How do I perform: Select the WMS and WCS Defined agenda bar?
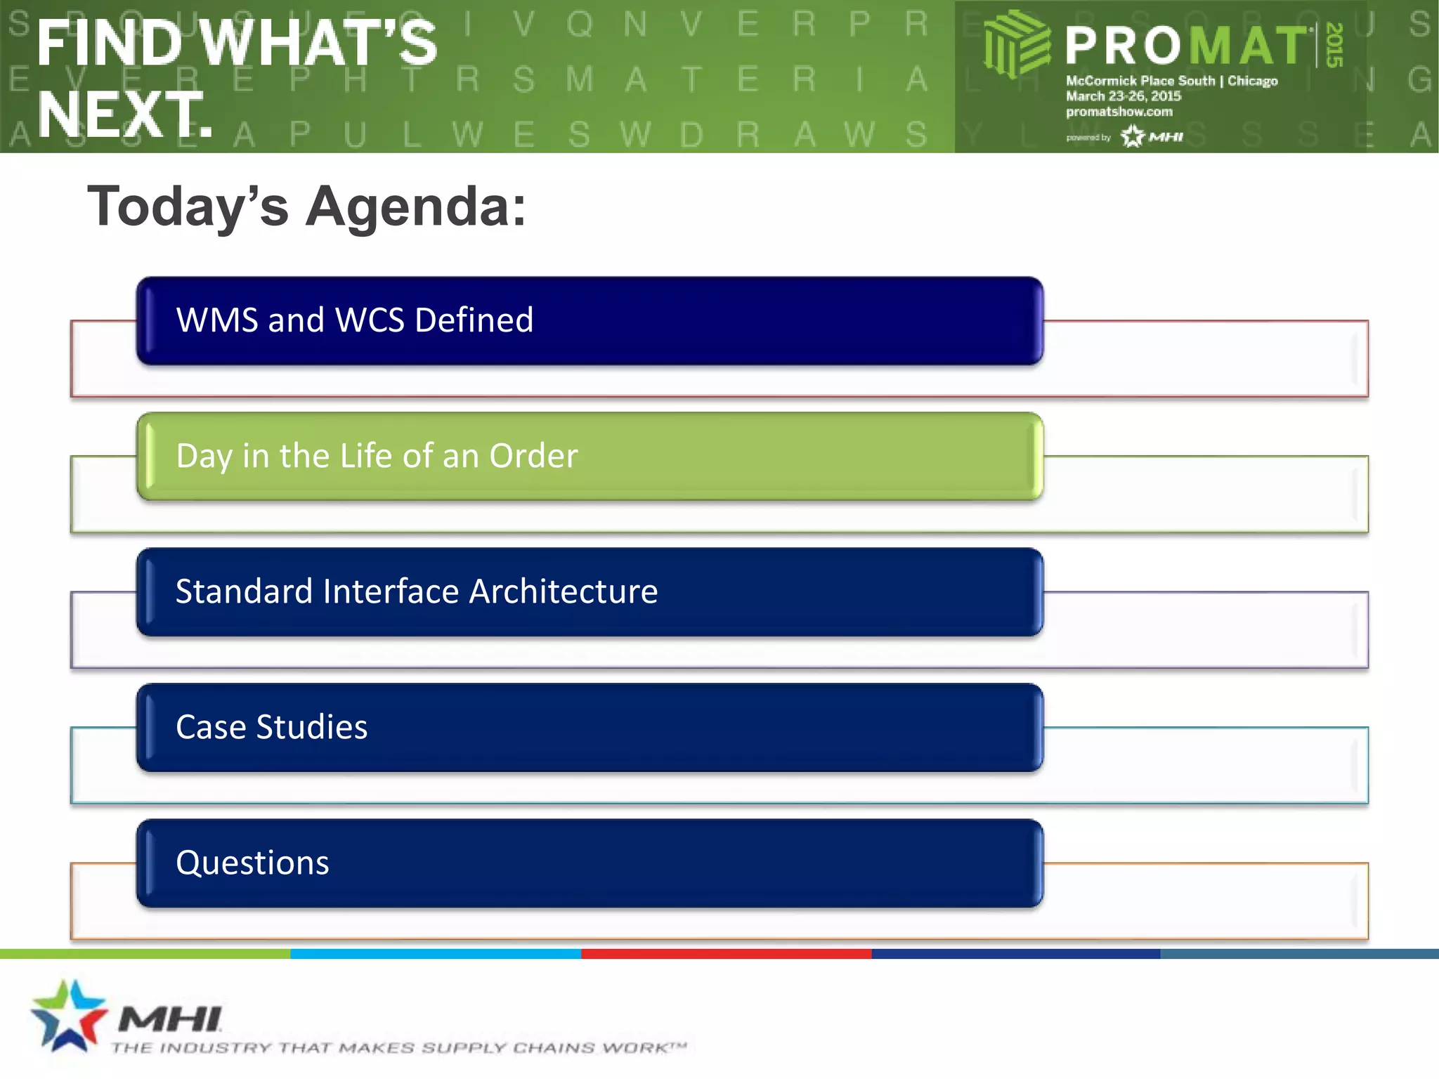[x=589, y=320]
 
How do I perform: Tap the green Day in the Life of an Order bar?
[x=589, y=456]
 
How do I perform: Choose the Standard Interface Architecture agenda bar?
[x=589, y=591]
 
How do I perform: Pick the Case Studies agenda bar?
[x=589, y=727]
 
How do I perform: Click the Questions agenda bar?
[x=589, y=863]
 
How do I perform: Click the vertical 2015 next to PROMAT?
[x=1334, y=45]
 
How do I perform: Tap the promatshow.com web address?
[x=1119, y=112]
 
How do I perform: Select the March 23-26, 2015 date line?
[x=1123, y=96]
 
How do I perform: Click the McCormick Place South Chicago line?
[x=1171, y=81]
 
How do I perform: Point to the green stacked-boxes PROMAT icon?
[x=1015, y=44]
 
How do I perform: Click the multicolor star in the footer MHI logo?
[x=68, y=1014]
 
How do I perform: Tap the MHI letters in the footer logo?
[x=170, y=1019]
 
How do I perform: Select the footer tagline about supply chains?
[x=398, y=1048]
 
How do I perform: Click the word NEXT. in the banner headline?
[x=125, y=114]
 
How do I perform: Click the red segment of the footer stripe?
[x=726, y=953]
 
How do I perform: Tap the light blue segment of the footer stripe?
[x=436, y=953]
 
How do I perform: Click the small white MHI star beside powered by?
[x=1133, y=136]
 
